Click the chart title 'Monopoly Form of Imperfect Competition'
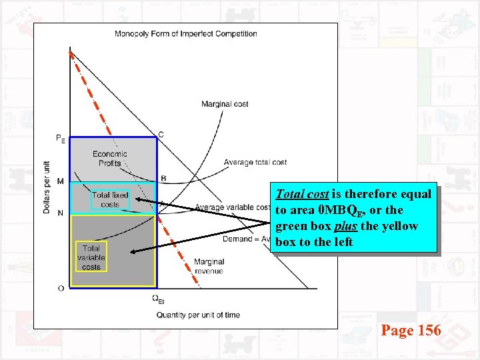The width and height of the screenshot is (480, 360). tap(186, 34)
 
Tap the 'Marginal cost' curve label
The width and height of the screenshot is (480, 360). tap(225, 104)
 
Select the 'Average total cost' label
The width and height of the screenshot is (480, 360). tap(255, 162)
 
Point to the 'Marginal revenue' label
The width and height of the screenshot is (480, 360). tap(209, 266)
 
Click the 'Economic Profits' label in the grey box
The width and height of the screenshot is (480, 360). tap(110, 159)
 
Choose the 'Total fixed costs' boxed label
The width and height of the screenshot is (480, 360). tap(110, 199)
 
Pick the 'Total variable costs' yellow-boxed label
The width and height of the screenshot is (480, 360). tap(91, 257)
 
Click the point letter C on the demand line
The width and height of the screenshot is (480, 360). tap(161, 135)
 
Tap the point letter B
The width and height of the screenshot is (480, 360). tap(163, 178)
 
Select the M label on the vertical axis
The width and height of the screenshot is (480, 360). tap(61, 181)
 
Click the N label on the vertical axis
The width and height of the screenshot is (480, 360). tap(61, 213)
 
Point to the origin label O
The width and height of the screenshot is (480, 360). tap(61, 288)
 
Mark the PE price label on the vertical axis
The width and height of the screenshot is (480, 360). tap(61, 139)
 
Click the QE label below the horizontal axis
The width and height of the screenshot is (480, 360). tap(157, 299)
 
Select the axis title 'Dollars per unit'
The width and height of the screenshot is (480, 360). tap(47, 187)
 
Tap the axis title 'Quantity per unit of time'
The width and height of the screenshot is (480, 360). tap(198, 315)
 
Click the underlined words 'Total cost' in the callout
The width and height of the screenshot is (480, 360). tap(301, 195)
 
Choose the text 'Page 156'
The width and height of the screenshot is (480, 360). tap(411, 329)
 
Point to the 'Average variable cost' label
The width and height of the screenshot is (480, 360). tap(233, 207)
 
